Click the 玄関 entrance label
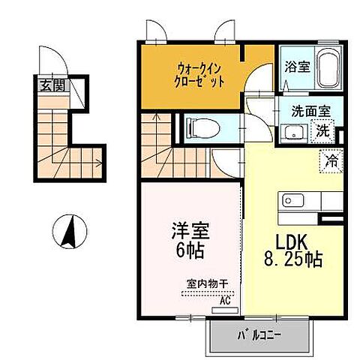pyautogui.click(x=52, y=85)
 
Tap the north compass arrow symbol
pyautogui.click(x=67, y=230)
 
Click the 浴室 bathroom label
pyautogui.click(x=294, y=66)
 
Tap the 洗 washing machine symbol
pyautogui.click(x=322, y=130)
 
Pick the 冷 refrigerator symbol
pyautogui.click(x=329, y=159)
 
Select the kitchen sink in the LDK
pyautogui.click(x=292, y=201)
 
